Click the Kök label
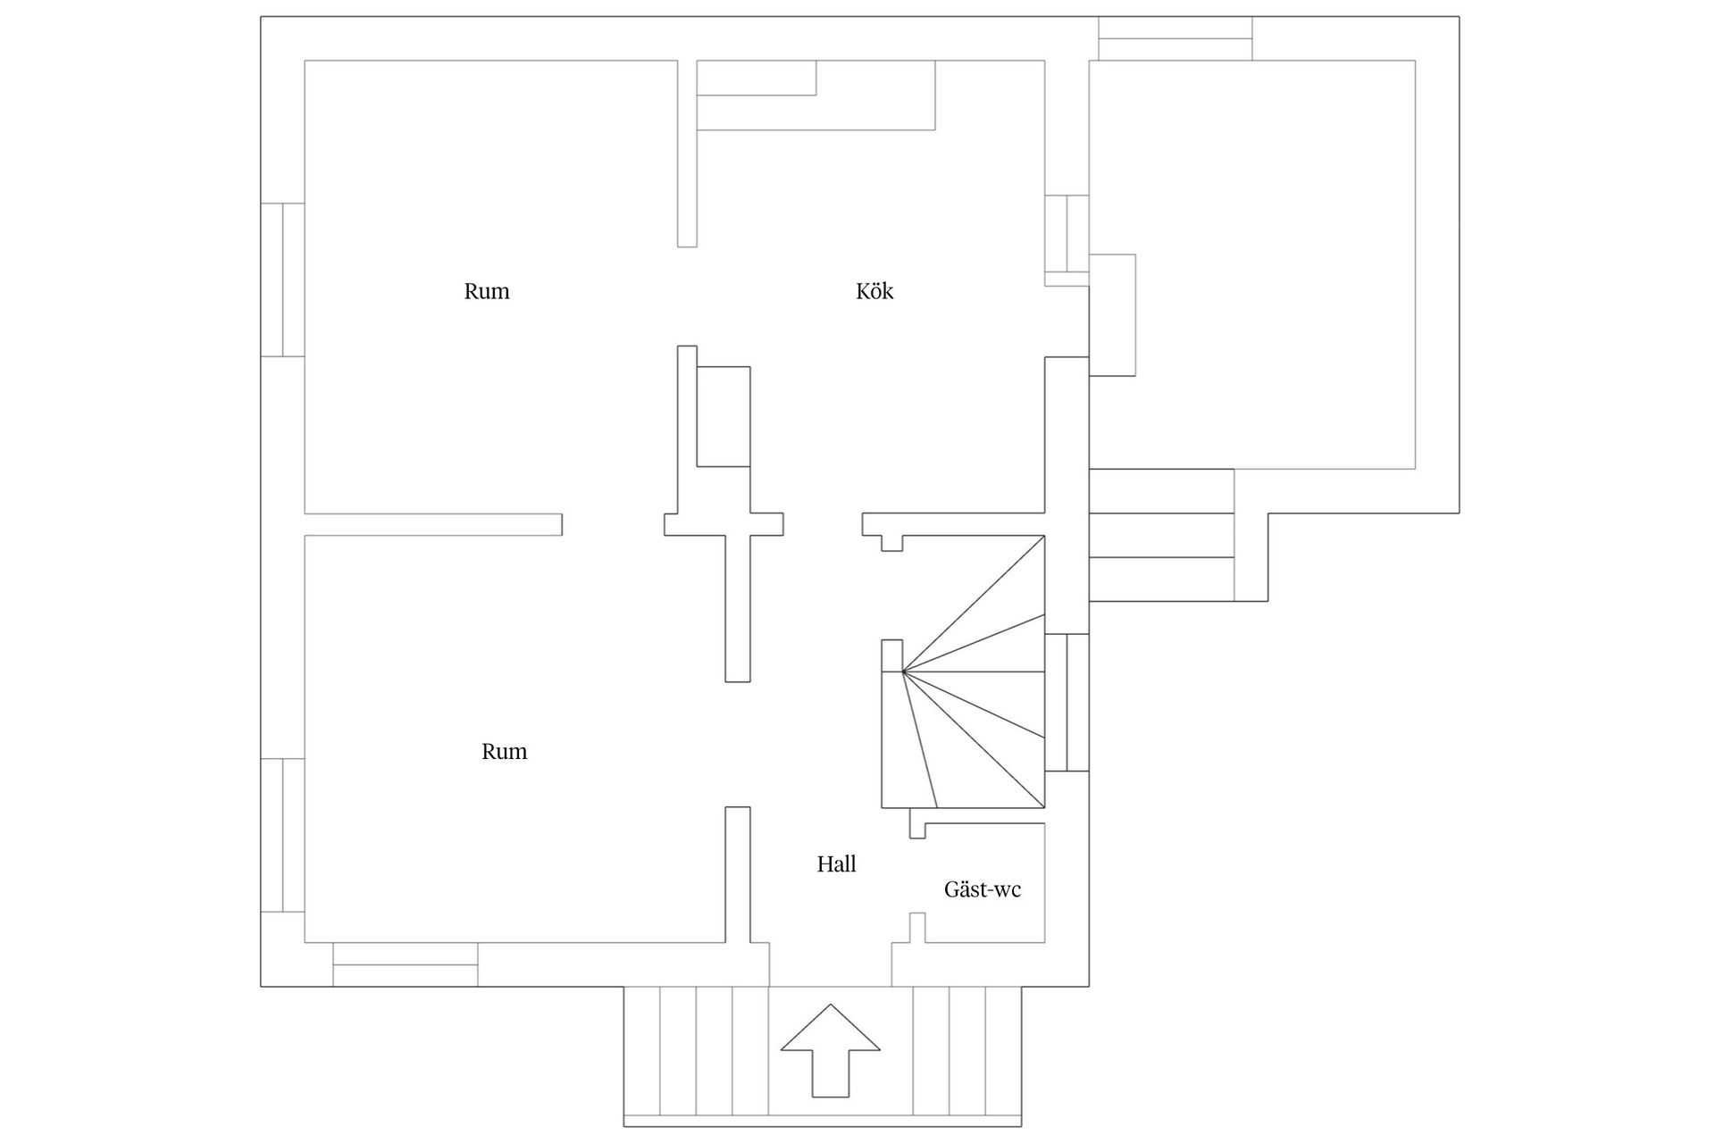[x=874, y=291]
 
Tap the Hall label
[x=836, y=864]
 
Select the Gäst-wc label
[x=982, y=889]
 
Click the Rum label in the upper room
[x=487, y=291]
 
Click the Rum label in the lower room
[x=504, y=752]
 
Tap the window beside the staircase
[x=1067, y=702]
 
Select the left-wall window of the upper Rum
[x=282, y=279]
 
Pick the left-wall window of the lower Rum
[x=282, y=835]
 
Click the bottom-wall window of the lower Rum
[x=405, y=964]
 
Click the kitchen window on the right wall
[x=1067, y=234]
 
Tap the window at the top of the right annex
[x=1175, y=38]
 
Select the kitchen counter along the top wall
[x=815, y=96]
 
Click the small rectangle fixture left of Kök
[x=723, y=416]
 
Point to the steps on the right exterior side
[x=1161, y=536]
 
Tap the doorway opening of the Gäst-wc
[x=917, y=876]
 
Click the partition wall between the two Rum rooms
[x=433, y=524]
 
